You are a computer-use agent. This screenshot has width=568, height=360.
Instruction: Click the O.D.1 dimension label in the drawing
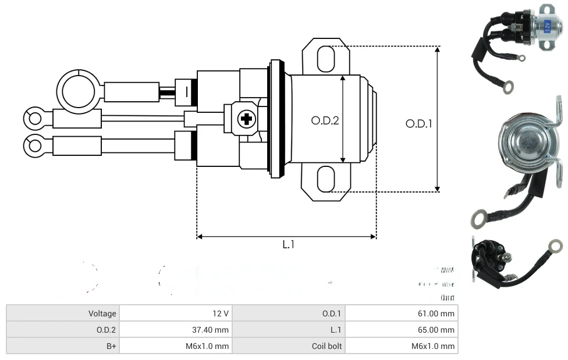pos(418,124)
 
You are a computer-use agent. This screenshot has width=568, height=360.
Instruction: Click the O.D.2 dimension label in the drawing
pos(325,121)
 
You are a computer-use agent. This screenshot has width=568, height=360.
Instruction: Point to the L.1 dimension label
pos(289,245)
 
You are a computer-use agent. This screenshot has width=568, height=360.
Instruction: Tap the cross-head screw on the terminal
pos(246,120)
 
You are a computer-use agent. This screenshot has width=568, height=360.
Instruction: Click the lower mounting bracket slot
pos(326,179)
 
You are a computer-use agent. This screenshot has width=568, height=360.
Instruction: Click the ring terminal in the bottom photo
pos(555,246)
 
